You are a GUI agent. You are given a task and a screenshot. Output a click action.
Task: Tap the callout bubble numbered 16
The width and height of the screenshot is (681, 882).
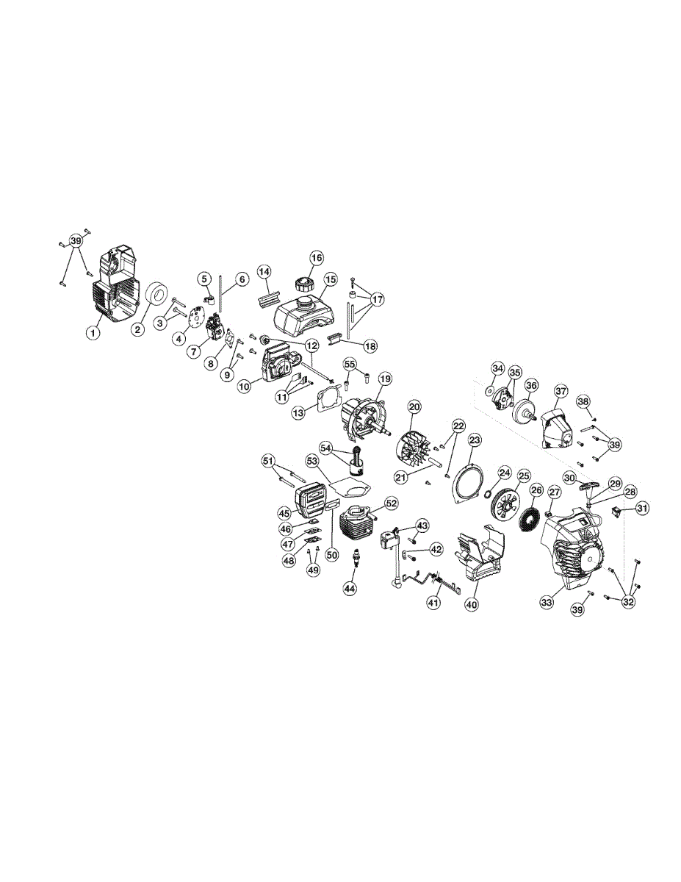point(317,258)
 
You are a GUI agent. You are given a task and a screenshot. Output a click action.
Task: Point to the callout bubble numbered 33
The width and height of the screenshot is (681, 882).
point(547,603)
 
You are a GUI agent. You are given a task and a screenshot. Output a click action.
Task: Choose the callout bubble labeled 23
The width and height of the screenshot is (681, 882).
point(475,440)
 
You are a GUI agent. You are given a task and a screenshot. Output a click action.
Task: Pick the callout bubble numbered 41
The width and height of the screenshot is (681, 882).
point(433,603)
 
